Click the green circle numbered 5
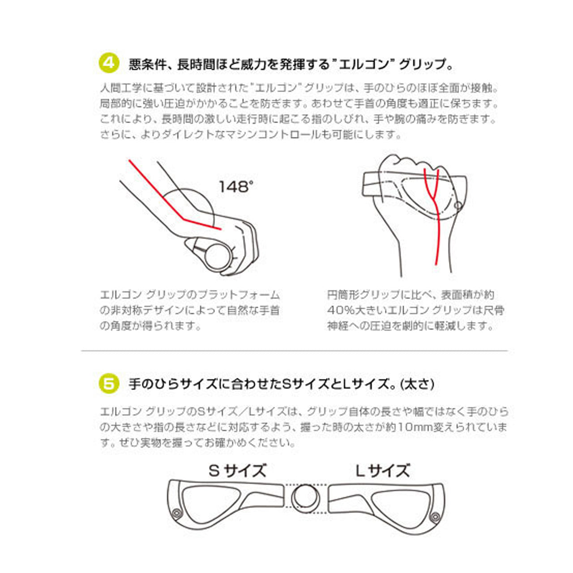[x=108, y=384]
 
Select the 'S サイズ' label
[x=237, y=470]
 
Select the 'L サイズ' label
[x=382, y=470]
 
